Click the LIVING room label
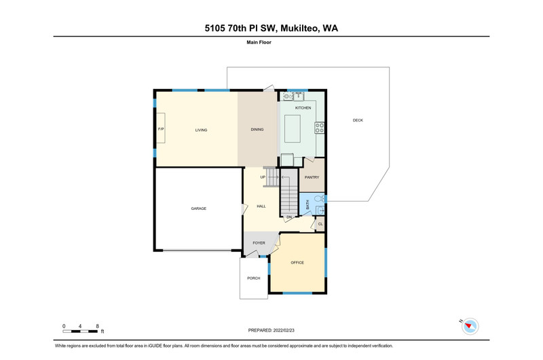(201, 130)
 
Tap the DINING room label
(257, 130)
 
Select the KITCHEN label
(303, 108)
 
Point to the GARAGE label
(198, 209)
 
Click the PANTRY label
(312, 177)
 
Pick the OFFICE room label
(297, 263)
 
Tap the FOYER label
(259, 243)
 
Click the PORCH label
(253, 278)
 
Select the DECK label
(358, 121)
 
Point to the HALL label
(261, 206)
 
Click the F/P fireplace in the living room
(160, 128)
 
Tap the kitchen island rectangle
(293, 128)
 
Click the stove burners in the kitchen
(320, 128)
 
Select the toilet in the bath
(320, 198)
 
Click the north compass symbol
(470, 326)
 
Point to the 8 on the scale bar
(97, 326)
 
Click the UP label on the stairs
(263, 177)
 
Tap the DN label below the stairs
(289, 217)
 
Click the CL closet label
(320, 224)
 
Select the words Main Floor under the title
(259, 42)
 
